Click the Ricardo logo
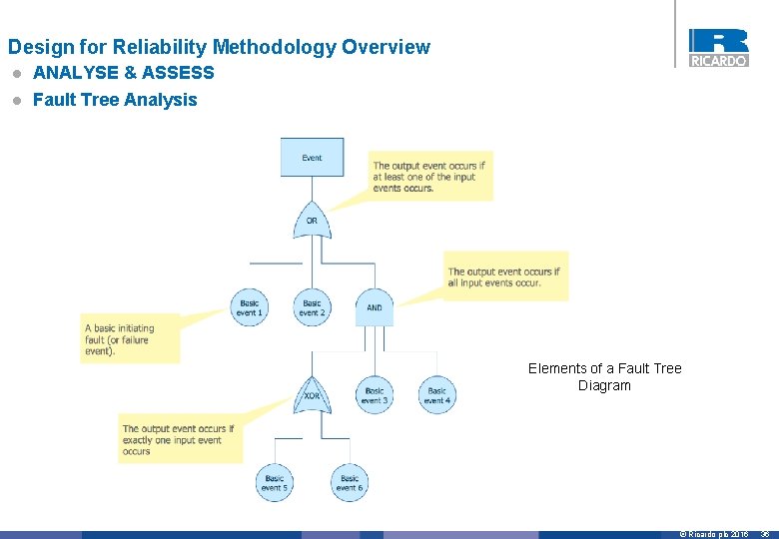[718, 48]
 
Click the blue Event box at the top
[312, 158]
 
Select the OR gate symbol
[312, 220]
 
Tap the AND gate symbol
[375, 307]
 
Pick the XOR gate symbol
[312, 395]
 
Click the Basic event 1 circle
[249, 307]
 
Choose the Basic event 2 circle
[312, 307]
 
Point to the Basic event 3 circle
[375, 395]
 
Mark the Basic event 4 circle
[436, 395]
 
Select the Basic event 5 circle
[274, 483]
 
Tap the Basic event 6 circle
[349, 483]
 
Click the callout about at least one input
[431, 177]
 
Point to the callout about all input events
[505, 276]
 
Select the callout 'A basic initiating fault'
[130, 339]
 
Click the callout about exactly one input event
[180, 439]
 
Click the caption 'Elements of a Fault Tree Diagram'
[604, 376]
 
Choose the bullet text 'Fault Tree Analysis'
[115, 100]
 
